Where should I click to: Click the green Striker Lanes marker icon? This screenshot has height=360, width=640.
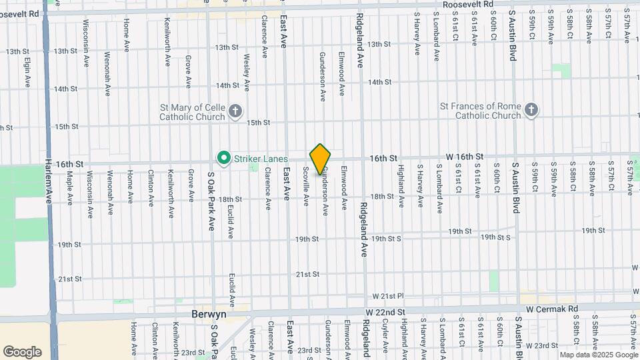[x=224, y=158]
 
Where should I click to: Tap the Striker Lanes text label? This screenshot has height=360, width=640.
[x=260, y=159]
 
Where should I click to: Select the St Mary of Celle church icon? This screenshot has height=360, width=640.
[x=235, y=111]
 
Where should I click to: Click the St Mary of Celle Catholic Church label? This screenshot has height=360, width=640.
[x=193, y=111]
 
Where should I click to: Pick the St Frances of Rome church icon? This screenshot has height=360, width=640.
[x=531, y=110]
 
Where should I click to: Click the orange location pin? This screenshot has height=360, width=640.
[x=321, y=159]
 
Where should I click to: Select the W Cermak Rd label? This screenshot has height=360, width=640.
[x=551, y=309]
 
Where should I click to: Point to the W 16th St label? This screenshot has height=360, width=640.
[x=464, y=157]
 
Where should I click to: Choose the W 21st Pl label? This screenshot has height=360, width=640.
[x=389, y=295]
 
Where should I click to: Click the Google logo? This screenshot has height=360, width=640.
[x=22, y=351]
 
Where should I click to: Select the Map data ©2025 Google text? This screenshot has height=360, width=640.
[x=597, y=355]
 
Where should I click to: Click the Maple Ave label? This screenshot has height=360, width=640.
[x=69, y=188]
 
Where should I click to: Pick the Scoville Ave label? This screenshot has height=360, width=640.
[x=306, y=186]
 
